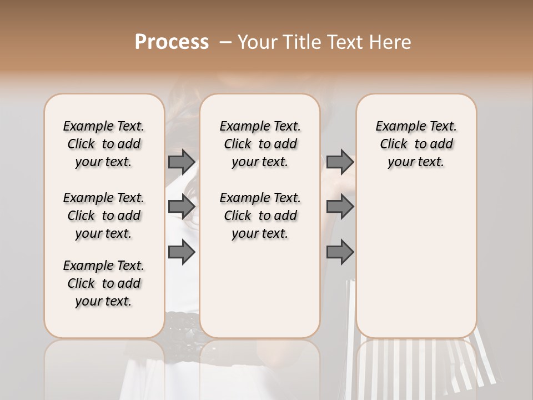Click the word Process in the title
172,42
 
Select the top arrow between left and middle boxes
182,162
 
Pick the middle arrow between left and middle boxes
182,207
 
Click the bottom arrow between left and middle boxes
182,252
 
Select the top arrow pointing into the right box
340,162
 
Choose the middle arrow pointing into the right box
340,207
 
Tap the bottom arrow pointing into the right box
340,252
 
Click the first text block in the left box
104,144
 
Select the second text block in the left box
104,216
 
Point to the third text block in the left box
104,283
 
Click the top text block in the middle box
260,144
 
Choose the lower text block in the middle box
260,216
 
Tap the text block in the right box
416,144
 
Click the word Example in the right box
396,127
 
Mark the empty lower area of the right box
416,256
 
